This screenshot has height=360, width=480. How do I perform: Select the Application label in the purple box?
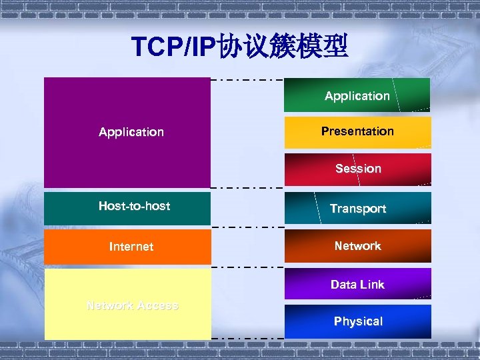coord(131,132)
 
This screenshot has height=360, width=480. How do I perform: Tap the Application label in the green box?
coord(357,96)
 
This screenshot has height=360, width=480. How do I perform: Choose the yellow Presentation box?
coord(357,132)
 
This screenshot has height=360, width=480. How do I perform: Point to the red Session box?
coord(357,169)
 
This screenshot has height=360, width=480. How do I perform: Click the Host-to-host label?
coord(134,206)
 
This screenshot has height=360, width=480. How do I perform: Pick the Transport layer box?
coord(357,209)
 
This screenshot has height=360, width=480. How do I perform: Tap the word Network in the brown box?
coord(357,246)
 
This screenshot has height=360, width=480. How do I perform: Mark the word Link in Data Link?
coord(372,285)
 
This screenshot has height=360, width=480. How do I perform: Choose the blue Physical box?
coord(357,321)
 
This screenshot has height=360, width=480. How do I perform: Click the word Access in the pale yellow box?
coord(157,306)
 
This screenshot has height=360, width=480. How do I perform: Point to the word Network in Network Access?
coord(109,306)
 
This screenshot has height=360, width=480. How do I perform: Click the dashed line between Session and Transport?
coord(247,189)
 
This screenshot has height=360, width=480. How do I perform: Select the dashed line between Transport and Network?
coord(247,227)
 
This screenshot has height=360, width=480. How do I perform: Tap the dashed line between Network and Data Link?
coord(247,266)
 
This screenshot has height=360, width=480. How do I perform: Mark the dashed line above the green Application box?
coord(247,80)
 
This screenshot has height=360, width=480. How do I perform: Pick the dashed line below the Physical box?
coord(247,338)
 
